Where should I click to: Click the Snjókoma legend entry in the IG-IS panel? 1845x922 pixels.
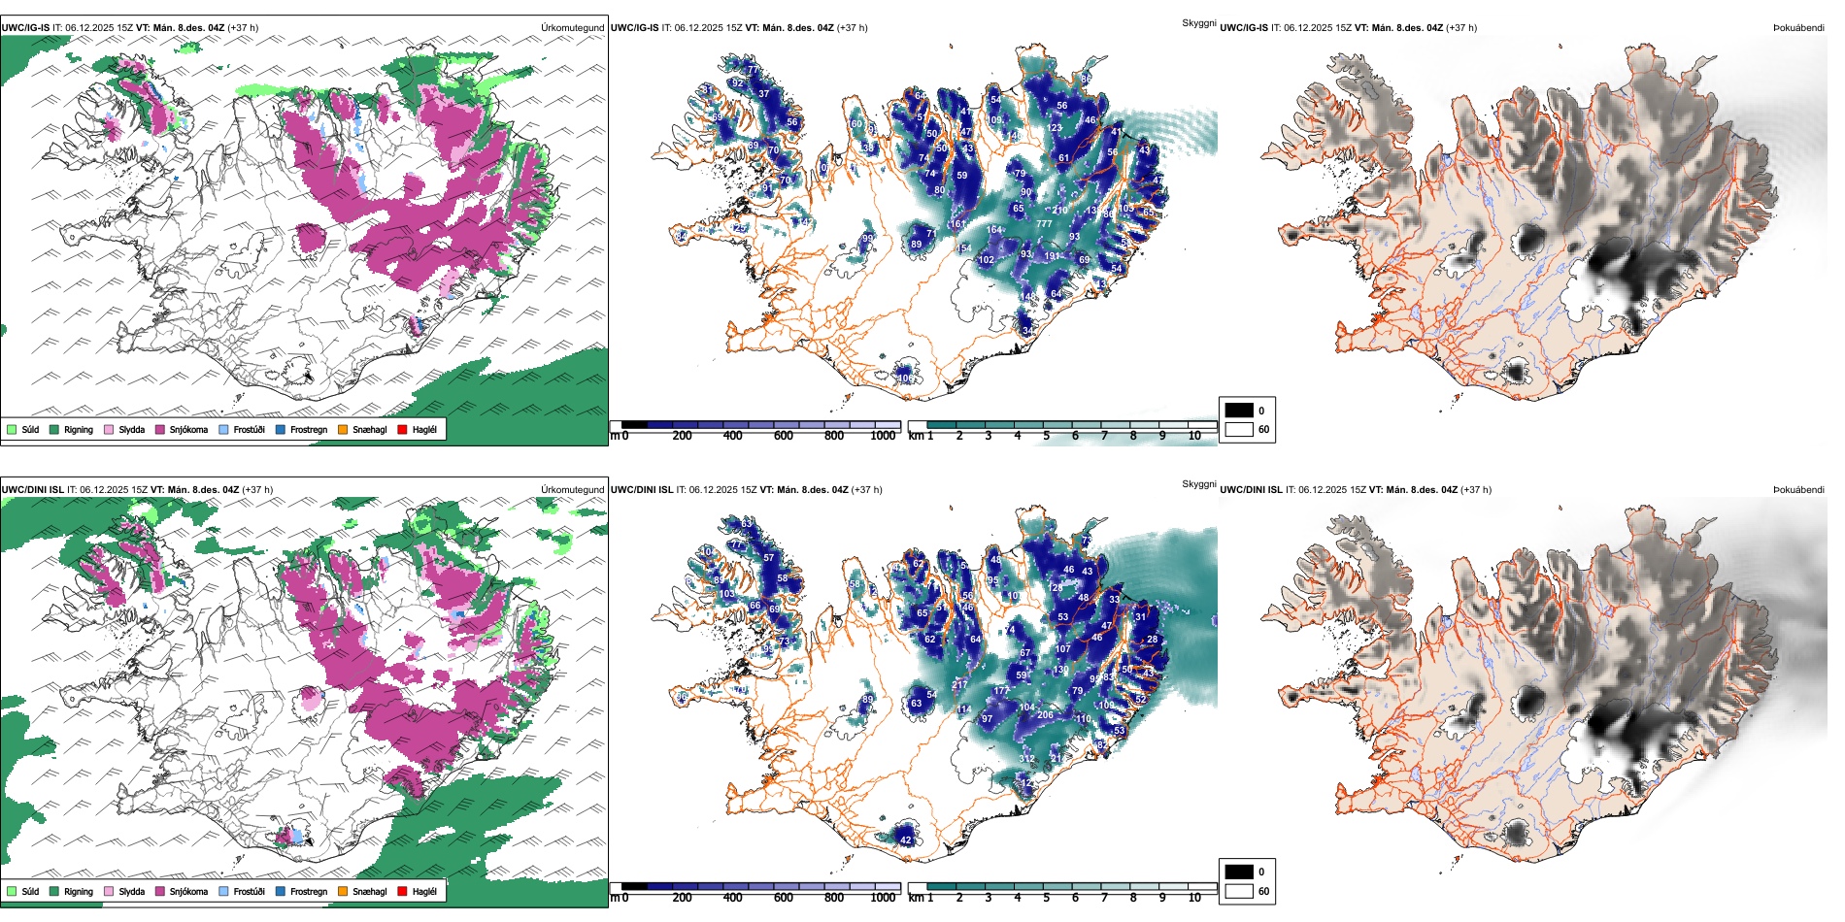(x=188, y=430)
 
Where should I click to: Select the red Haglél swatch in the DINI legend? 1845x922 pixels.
(x=403, y=892)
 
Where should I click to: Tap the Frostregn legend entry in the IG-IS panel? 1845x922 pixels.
(x=308, y=430)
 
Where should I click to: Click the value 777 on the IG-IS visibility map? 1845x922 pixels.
(x=1044, y=224)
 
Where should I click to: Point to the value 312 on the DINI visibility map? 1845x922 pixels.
(x=1026, y=759)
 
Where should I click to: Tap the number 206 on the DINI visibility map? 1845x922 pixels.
(x=1045, y=715)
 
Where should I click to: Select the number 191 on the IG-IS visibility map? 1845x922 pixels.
(x=1052, y=257)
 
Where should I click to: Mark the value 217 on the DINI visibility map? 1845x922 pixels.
(x=959, y=685)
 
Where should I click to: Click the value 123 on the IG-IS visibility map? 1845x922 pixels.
(x=1055, y=128)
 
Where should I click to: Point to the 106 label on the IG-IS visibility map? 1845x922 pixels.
(x=904, y=379)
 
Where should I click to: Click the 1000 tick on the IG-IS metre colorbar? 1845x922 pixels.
(x=883, y=437)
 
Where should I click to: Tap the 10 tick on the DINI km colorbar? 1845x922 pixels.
(x=1194, y=898)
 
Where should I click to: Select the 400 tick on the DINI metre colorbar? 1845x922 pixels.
(x=732, y=898)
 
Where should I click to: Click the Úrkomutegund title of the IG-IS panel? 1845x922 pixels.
(x=572, y=28)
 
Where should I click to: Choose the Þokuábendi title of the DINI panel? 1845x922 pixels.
(x=1798, y=490)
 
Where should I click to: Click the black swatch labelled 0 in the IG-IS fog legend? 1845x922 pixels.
(x=1239, y=411)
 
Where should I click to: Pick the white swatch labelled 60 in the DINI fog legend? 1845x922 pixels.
(x=1239, y=891)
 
